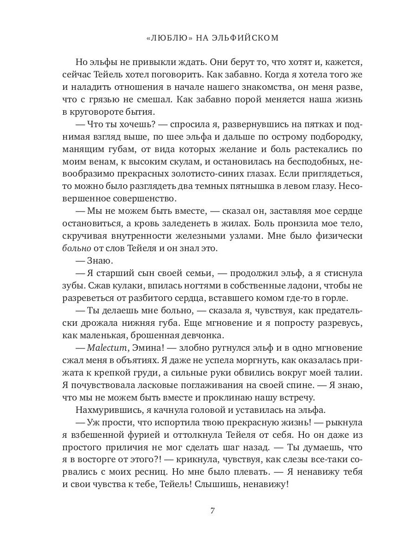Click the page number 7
point(213,510)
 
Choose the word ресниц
point(162,472)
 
